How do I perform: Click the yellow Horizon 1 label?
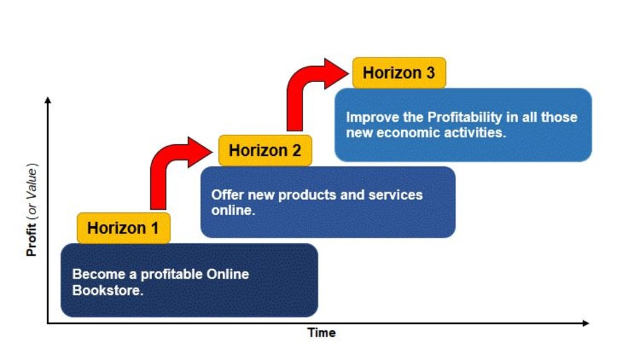pos(123,228)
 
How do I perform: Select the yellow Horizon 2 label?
pos(265,150)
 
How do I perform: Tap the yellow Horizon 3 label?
pos(399,73)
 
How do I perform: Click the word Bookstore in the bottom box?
pos(108,290)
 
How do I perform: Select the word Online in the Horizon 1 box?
pos(228,274)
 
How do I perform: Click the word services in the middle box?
pos(396,195)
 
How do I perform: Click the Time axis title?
pos(321,333)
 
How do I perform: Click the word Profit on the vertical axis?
pos(32,240)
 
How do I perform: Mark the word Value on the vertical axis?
pos(32,178)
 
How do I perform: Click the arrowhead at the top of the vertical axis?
pos(48,99)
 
